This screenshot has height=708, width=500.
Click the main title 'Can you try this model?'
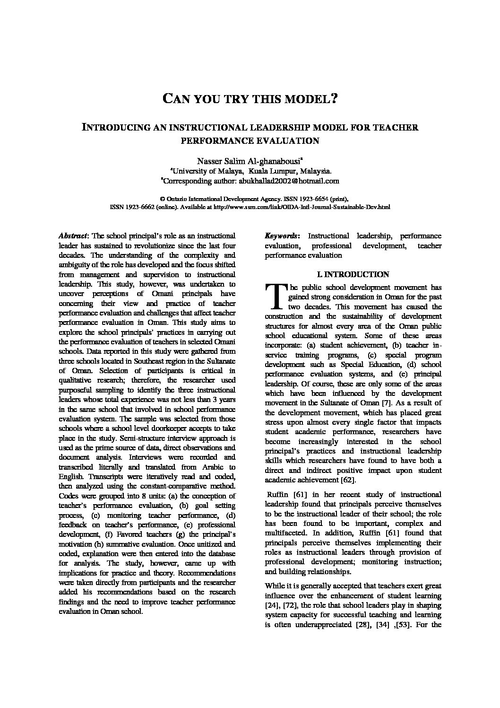pyautogui.click(x=250, y=99)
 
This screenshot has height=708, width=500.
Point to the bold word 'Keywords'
pyautogui.click(x=281, y=236)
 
